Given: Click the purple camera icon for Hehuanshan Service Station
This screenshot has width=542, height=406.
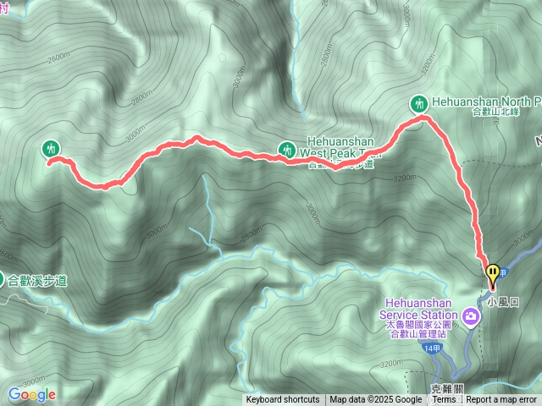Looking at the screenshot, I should point(471,318).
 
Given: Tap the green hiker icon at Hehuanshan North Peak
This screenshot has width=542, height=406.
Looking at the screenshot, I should point(418,104).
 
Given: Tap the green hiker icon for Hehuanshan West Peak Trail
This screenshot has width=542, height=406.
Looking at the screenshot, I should point(287,150).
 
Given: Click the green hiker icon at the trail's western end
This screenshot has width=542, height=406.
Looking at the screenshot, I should point(52,149).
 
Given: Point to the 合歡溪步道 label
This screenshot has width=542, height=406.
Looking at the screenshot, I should point(37,280).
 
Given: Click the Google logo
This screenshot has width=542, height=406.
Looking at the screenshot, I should point(31,394).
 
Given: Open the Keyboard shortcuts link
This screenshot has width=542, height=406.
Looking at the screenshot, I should point(283,400).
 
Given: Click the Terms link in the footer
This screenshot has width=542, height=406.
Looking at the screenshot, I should point(443,400).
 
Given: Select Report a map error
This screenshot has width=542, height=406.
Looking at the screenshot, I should point(501,400).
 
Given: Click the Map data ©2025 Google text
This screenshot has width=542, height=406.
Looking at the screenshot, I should point(375,400).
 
